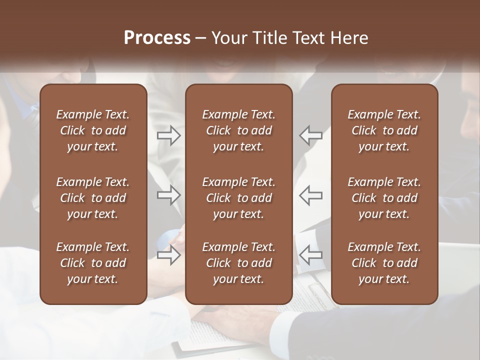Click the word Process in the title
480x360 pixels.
coord(157,38)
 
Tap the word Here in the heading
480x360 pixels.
coord(348,38)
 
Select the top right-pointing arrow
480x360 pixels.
coord(169,135)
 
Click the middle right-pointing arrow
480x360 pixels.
coord(169,195)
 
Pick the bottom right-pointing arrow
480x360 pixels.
coord(169,255)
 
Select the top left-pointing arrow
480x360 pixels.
coord(310,135)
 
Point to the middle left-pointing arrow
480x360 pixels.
coord(310,195)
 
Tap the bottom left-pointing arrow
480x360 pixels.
coord(310,255)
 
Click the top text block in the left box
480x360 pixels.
coord(93,130)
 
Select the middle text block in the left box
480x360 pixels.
coord(93,198)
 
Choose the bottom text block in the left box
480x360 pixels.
coord(93,263)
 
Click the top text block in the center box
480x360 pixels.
coord(238,130)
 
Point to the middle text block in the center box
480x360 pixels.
coord(238,198)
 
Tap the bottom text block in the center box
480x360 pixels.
coord(238,263)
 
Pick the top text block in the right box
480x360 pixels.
coord(384,130)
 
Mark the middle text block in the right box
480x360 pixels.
coord(384,198)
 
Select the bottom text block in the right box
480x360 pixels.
coord(384,263)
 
